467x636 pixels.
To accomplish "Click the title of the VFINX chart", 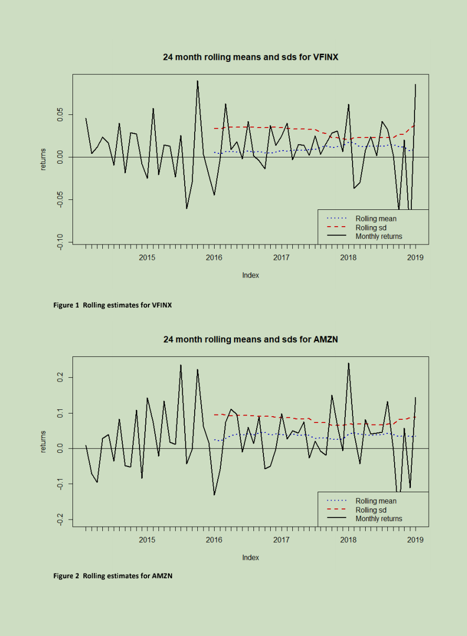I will tap(250, 57).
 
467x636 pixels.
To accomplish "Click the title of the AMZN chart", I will tap(250, 340).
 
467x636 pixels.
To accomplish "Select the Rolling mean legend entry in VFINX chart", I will tap(376, 219).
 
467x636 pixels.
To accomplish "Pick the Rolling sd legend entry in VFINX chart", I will tap(370, 228).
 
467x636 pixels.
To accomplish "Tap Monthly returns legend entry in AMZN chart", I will tap(378, 518).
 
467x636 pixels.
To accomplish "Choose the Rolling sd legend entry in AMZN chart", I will tap(370, 510).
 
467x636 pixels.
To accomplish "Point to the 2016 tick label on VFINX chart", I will tap(214, 258).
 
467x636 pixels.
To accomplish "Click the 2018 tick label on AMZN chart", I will tap(348, 540).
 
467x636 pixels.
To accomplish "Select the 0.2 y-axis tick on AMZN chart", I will tap(60, 377).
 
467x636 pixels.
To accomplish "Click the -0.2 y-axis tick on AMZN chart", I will tap(60, 520).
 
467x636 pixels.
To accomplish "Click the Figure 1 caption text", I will tap(112, 305).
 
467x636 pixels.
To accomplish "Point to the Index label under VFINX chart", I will tap(250, 275).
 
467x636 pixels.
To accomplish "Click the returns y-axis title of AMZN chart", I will tap(44, 441).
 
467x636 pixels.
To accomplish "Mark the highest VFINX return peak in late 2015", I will tap(197, 81).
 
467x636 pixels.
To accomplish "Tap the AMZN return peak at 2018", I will tap(348, 363).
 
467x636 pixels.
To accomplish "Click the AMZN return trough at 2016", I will tap(214, 494).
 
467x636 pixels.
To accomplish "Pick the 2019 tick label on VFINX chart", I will tap(415, 258).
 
